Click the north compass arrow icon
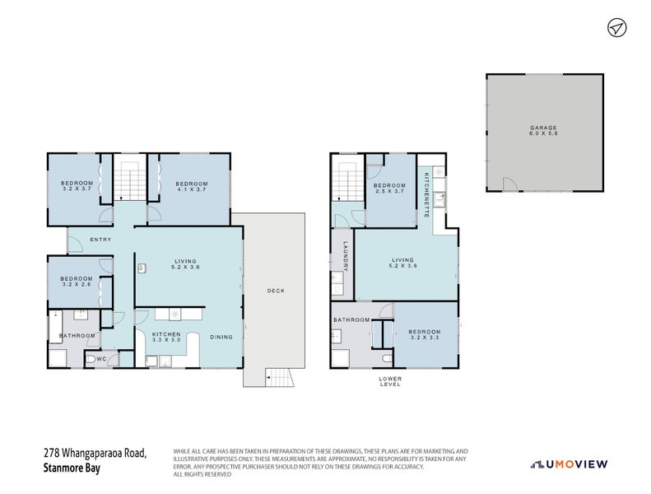tap(616, 28)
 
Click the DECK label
tap(276, 291)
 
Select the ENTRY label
tap(100, 240)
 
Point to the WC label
tap(100, 359)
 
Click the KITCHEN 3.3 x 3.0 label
tap(166, 337)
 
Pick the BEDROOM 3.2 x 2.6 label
tap(76, 282)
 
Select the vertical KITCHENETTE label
tap(426, 194)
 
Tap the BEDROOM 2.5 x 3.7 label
tap(389, 189)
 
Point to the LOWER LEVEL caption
tap(390, 381)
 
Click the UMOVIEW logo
tap(570, 464)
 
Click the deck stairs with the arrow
tap(279, 378)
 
